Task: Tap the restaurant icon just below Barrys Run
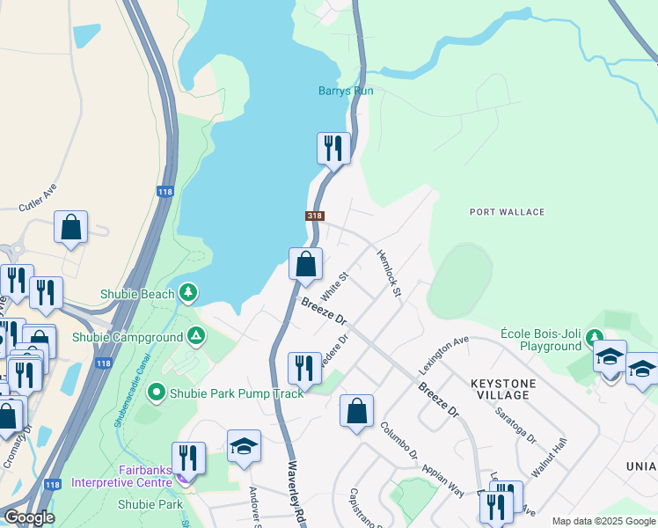(x=333, y=148)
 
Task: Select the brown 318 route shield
(x=315, y=216)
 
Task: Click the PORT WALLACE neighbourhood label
(x=507, y=212)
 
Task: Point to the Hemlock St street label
(x=389, y=273)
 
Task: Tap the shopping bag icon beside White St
(x=305, y=264)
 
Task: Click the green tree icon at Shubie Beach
(x=187, y=292)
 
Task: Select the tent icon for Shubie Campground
(x=197, y=336)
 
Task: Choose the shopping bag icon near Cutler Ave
(x=70, y=227)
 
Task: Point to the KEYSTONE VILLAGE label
(x=500, y=389)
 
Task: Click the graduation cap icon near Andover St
(x=244, y=446)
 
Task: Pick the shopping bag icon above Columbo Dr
(x=356, y=411)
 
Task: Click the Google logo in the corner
(x=29, y=517)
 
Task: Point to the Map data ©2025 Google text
(x=603, y=521)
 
